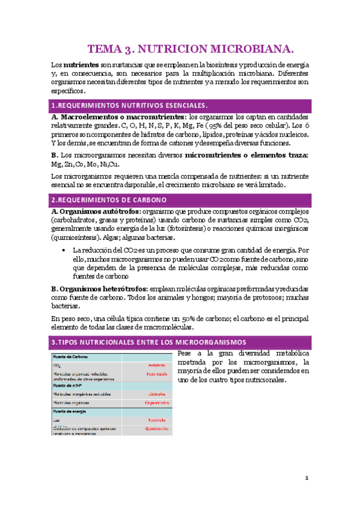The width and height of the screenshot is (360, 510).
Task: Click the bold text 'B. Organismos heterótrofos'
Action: point(99,289)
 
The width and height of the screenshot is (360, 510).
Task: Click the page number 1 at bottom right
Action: point(306,478)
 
